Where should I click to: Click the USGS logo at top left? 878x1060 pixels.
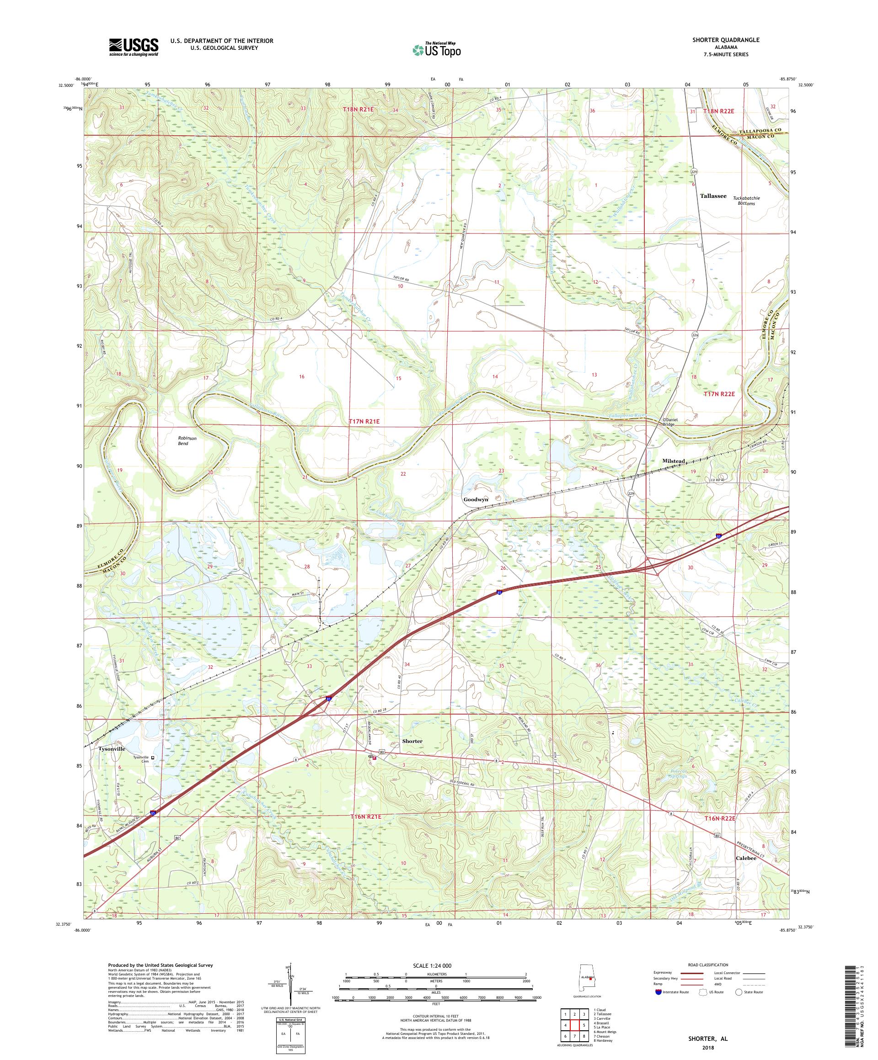(134, 47)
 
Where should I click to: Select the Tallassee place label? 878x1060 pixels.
(713, 196)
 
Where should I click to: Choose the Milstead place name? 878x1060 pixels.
(674, 461)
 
